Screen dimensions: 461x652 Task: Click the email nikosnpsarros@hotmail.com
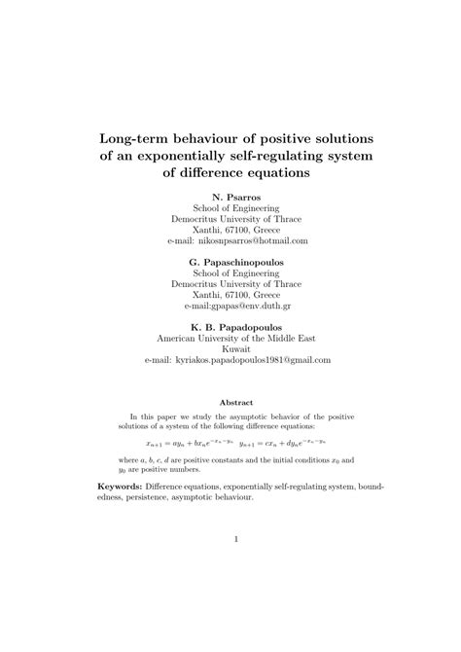[252, 238]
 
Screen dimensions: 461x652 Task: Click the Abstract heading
[230, 402]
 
